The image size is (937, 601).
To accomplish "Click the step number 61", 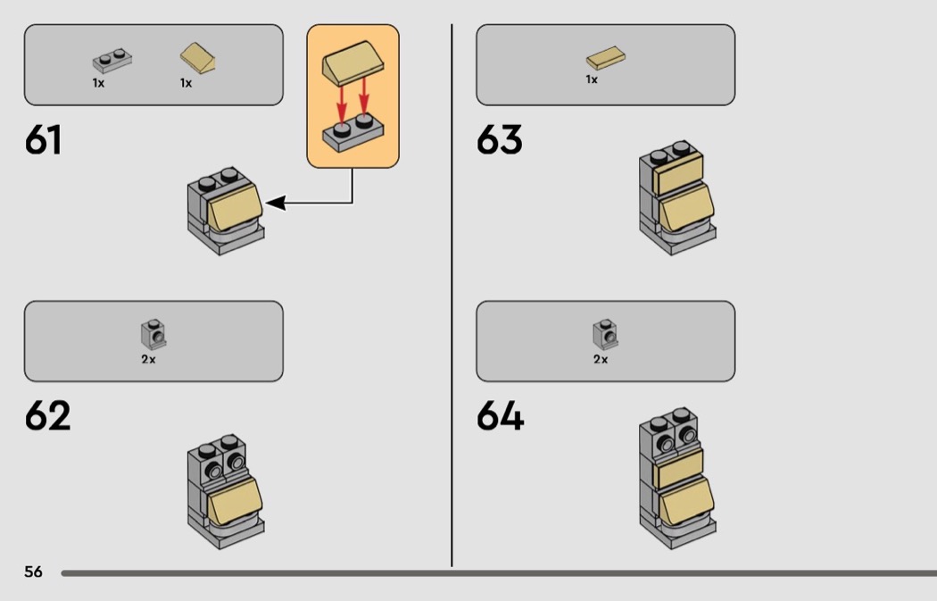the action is click(43, 140).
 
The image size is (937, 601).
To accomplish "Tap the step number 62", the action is click(47, 415).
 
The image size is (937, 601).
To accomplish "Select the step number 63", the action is click(499, 140).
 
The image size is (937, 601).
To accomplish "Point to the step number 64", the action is click(500, 415).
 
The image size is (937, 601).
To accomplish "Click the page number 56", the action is click(34, 572).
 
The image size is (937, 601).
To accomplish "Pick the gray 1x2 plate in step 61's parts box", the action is click(112, 61).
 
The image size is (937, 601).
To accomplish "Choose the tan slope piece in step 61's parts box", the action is click(198, 58).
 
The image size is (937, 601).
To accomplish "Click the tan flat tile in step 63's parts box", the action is click(605, 58).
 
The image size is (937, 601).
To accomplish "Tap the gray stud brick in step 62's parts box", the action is click(153, 334).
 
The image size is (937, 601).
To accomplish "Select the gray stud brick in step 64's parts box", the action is click(605, 334).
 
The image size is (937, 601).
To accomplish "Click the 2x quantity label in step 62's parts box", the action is click(148, 359).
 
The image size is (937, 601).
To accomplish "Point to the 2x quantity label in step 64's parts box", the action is click(601, 359).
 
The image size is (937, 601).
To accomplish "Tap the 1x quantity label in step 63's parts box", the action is click(592, 79).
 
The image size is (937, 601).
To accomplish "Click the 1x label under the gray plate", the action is click(98, 83).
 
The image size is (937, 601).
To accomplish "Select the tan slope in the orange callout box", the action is click(353, 63).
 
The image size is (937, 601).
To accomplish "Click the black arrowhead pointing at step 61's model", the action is click(275, 203).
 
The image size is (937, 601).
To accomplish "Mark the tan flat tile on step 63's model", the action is click(678, 173).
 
